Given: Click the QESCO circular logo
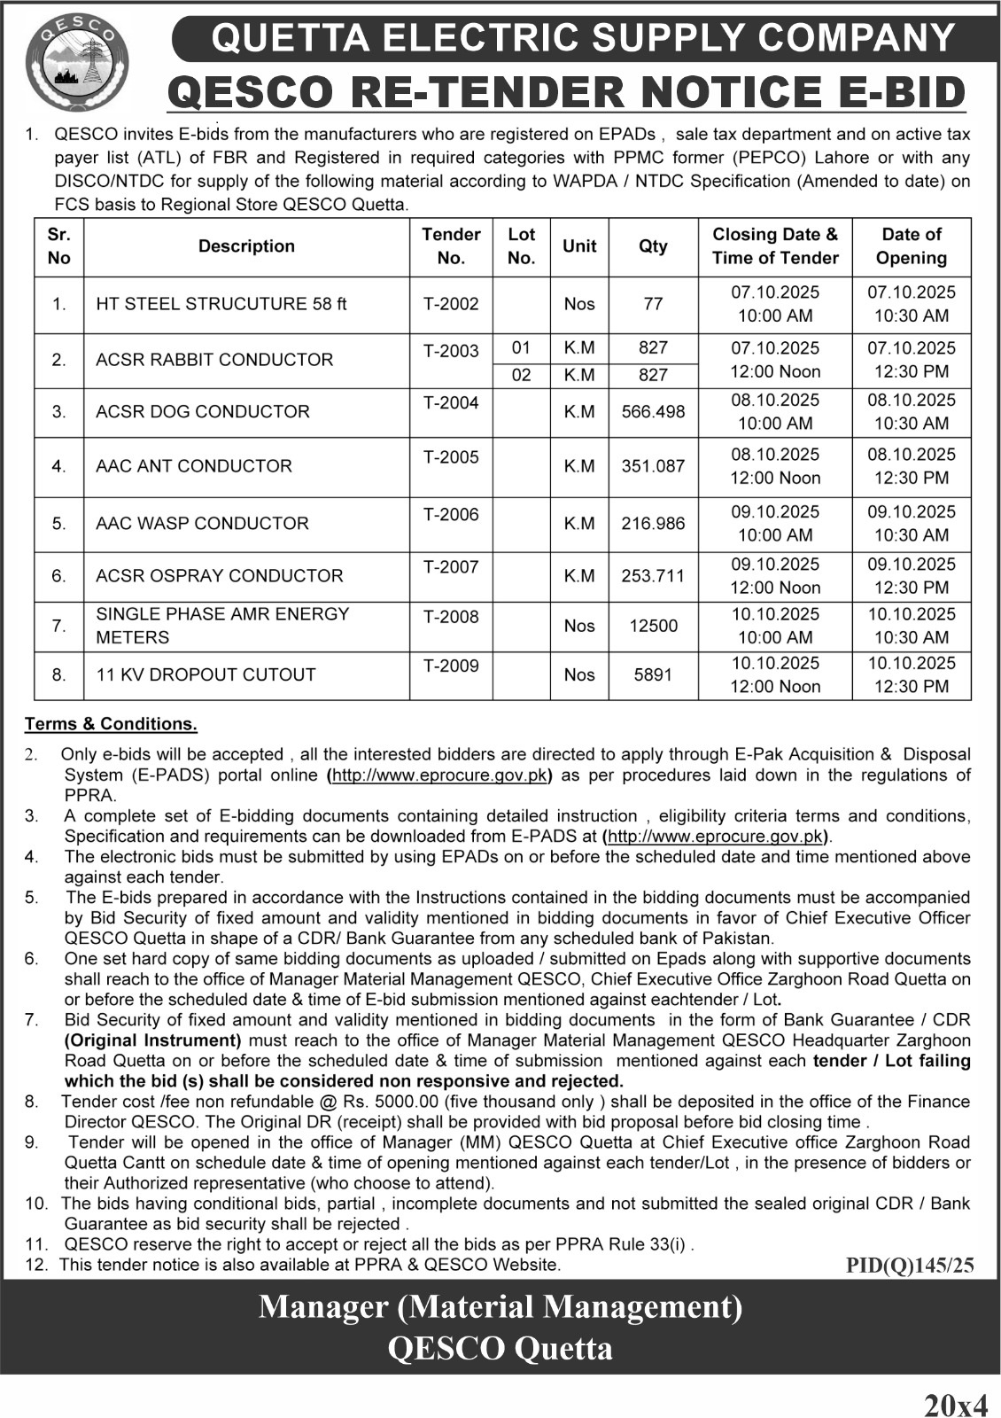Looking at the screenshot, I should (77, 64).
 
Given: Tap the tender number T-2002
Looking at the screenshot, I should (451, 304).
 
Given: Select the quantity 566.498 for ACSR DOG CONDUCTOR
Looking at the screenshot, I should (653, 412).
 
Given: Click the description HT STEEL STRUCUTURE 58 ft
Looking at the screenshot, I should (221, 304).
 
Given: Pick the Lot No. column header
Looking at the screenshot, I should (521, 246).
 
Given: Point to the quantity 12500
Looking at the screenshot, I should (653, 626).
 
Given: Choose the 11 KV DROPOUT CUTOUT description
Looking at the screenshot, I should (206, 674).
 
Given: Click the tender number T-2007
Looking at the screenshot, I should (451, 567).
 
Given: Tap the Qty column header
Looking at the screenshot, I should (653, 246).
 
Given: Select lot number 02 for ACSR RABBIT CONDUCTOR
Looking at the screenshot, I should (521, 375).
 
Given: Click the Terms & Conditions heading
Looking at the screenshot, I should (111, 724).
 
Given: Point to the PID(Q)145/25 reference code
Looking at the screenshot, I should (910, 1266).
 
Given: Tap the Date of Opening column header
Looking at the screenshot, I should (911, 246).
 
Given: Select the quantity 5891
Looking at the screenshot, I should (653, 674).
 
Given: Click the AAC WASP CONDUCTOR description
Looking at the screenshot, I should (202, 524).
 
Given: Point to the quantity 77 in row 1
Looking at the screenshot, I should (653, 304).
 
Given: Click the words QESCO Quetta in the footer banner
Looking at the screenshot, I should (500, 1348).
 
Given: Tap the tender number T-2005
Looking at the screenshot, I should (451, 457).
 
